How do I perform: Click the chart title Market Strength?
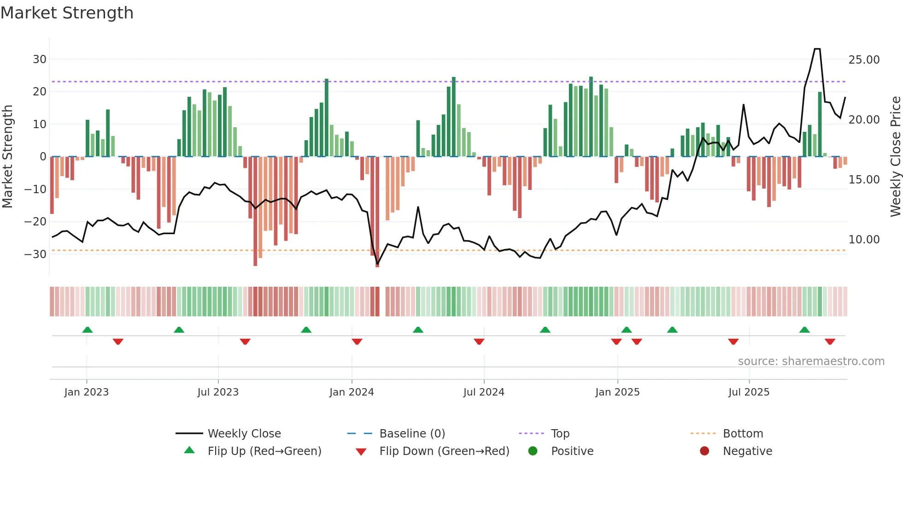click(67, 13)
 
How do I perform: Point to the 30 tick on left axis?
click(40, 59)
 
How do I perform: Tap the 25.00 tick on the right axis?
click(864, 60)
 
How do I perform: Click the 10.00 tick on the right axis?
click(864, 240)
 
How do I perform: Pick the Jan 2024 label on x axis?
click(352, 392)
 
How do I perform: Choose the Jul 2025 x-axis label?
click(749, 392)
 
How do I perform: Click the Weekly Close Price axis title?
click(895, 157)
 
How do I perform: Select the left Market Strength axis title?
click(7, 157)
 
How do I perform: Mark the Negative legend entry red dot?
click(704, 451)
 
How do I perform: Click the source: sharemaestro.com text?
click(811, 361)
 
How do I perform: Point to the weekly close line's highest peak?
click(817, 49)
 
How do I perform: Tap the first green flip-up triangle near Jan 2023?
click(88, 330)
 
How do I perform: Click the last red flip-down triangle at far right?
click(830, 342)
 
